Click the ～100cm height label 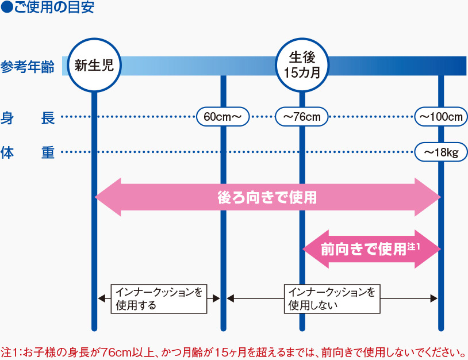pyautogui.click(x=441, y=117)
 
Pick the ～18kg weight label pyautogui.click(x=441, y=152)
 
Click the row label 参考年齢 pyautogui.click(x=28, y=67)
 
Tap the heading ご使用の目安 pyautogui.click(x=53, y=9)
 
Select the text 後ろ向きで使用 pyautogui.click(x=267, y=197)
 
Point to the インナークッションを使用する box pyautogui.click(x=159, y=298)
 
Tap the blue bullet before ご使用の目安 pyautogui.click(x=6, y=9)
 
